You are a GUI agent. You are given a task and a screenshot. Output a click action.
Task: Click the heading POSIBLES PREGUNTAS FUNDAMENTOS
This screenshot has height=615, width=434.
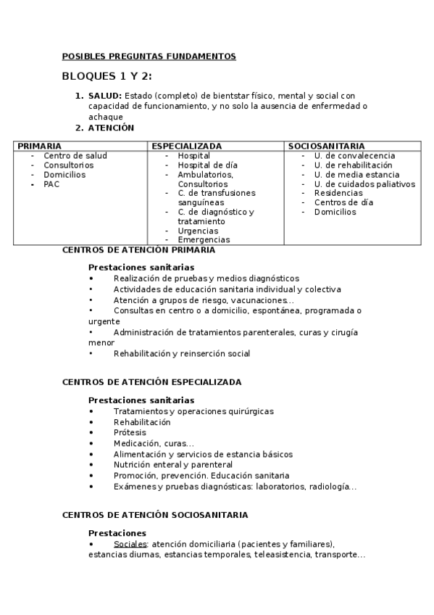[x=149, y=56]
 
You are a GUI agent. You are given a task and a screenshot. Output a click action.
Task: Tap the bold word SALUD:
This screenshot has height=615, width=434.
[x=105, y=96]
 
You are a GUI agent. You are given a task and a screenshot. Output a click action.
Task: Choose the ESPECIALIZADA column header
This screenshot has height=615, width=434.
[x=187, y=146]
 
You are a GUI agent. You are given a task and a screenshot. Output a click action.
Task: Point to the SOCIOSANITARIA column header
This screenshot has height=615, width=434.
[x=326, y=146]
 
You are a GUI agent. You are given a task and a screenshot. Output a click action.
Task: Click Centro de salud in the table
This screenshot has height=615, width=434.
[x=75, y=156]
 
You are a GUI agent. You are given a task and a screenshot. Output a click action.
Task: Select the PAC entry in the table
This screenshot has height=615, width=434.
[x=51, y=184]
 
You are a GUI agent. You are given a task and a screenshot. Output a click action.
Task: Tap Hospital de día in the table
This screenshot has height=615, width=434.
[x=207, y=165]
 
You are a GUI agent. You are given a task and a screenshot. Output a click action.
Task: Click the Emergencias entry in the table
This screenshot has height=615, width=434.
[x=204, y=240]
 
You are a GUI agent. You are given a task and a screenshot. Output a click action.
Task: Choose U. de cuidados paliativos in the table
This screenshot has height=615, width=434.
[x=364, y=184]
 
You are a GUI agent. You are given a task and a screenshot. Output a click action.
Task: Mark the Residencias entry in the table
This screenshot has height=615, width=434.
[x=338, y=194]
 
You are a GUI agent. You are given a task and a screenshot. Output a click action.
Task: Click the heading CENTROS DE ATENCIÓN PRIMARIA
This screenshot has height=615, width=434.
[x=138, y=249]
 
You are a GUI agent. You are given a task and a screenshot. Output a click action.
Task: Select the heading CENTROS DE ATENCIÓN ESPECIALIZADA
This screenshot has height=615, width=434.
[x=151, y=381]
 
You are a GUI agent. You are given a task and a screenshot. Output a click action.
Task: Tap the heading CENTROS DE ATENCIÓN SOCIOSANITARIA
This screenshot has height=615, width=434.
[x=155, y=515]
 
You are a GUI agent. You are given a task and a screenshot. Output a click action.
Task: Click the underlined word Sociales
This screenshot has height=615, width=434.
[x=130, y=544]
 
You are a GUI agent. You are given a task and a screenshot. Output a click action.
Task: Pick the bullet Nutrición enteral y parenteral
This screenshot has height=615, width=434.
[x=172, y=465]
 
